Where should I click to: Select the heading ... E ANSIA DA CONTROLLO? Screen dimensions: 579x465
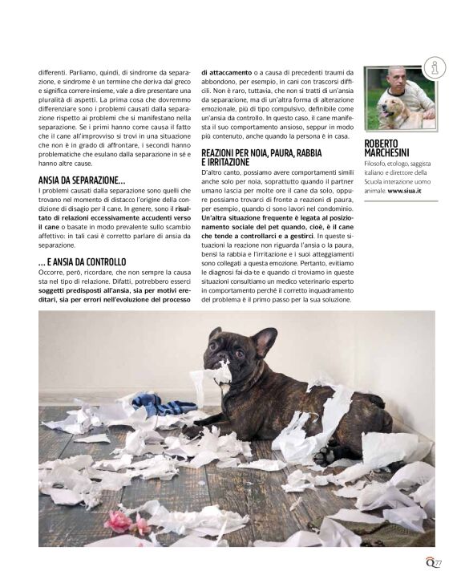[x=82, y=262]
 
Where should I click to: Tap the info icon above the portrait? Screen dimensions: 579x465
[x=434, y=68]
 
